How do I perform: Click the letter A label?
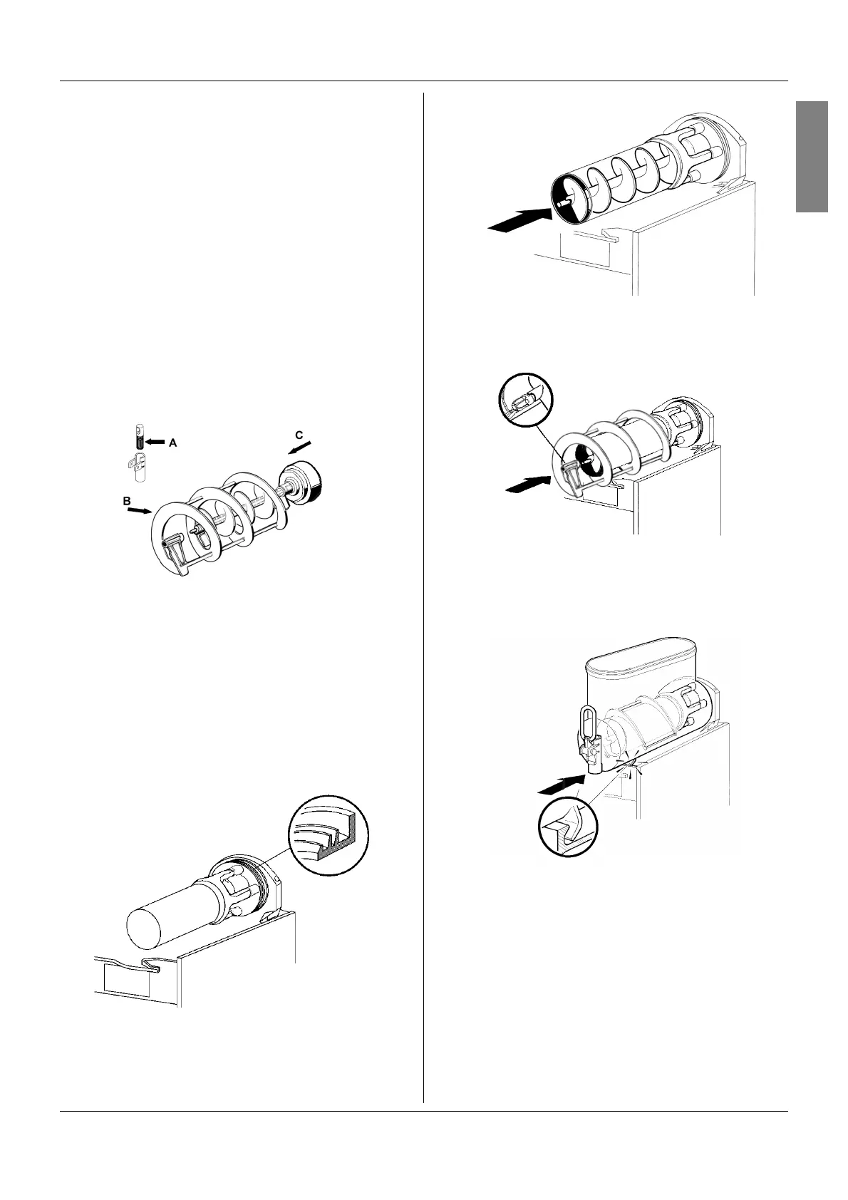pos(172,443)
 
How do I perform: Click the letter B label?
pos(126,501)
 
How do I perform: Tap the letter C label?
pos(299,434)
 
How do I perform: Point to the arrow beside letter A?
pos(156,443)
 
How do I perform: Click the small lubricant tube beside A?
pos(140,437)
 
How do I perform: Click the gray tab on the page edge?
pos(812,157)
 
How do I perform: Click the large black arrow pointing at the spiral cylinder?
pos(519,218)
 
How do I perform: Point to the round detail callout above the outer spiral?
pos(524,400)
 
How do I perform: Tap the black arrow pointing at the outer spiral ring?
pos(528,485)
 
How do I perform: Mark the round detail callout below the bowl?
pos(567,826)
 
